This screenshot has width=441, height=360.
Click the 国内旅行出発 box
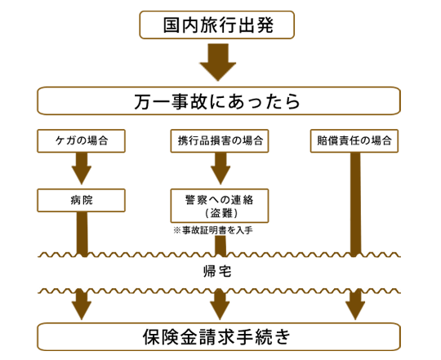(217, 24)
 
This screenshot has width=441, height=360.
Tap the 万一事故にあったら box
(219, 101)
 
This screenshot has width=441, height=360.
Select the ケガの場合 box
(82, 140)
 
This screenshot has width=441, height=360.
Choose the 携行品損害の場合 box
(220, 140)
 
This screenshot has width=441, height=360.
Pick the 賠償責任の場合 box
(354, 140)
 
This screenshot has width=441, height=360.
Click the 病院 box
(82, 200)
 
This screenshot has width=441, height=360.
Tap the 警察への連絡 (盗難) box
(220, 206)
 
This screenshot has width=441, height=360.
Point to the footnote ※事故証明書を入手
(213, 230)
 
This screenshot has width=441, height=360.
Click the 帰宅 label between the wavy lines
(217, 272)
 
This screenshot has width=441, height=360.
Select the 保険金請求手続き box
(219, 336)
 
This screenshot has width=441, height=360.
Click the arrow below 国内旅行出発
(218, 62)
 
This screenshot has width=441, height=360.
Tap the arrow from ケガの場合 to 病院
(82, 168)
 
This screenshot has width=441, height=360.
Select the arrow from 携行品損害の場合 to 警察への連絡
(220, 168)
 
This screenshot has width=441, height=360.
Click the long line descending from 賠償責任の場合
(355, 205)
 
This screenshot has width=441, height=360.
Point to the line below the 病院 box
(82, 234)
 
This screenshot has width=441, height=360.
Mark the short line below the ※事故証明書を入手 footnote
(220, 246)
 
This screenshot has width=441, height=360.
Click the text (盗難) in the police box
(221, 213)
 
